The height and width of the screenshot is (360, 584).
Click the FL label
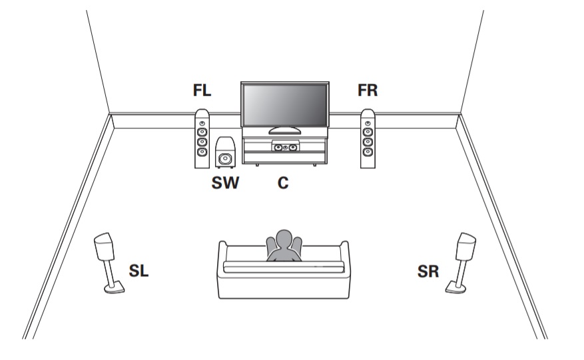tap(202, 90)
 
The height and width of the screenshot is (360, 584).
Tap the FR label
tap(368, 90)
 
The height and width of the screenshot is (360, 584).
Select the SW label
tap(225, 183)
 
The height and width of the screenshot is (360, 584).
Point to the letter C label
tap(283, 183)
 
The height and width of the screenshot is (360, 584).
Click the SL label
tap(139, 271)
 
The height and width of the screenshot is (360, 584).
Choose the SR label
tap(428, 271)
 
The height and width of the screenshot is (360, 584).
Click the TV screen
tap(285, 105)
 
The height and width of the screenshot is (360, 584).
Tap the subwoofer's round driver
tap(225, 159)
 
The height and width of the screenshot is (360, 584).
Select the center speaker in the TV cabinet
tap(285, 146)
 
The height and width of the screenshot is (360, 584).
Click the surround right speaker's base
tap(455, 288)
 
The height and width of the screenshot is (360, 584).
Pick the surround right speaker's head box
tap(466, 246)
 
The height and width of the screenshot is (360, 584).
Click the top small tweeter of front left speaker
tap(202, 123)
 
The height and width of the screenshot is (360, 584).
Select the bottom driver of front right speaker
tap(368, 152)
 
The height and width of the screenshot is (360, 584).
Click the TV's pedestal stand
tap(284, 130)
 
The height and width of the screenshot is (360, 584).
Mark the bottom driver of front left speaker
tap(202, 152)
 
